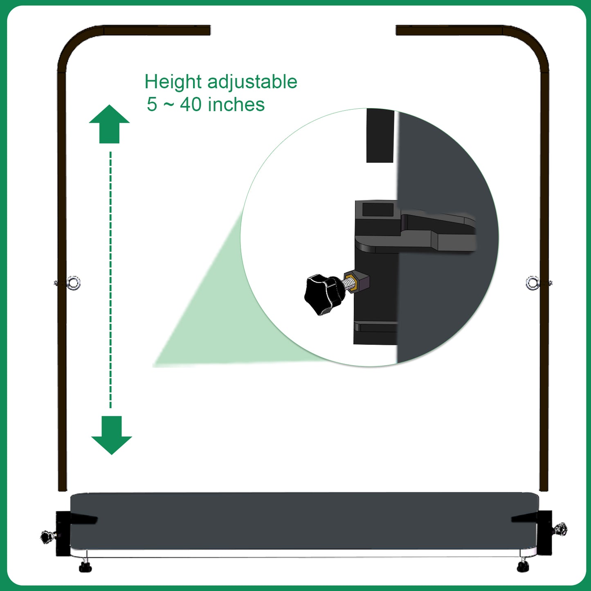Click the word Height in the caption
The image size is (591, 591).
tap(173, 82)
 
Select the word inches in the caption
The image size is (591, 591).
tap(236, 104)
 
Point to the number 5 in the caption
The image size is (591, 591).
tap(152, 104)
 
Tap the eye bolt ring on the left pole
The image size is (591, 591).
tap(74, 283)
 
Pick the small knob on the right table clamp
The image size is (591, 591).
tap(560, 529)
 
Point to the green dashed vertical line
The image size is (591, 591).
tap(110, 280)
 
